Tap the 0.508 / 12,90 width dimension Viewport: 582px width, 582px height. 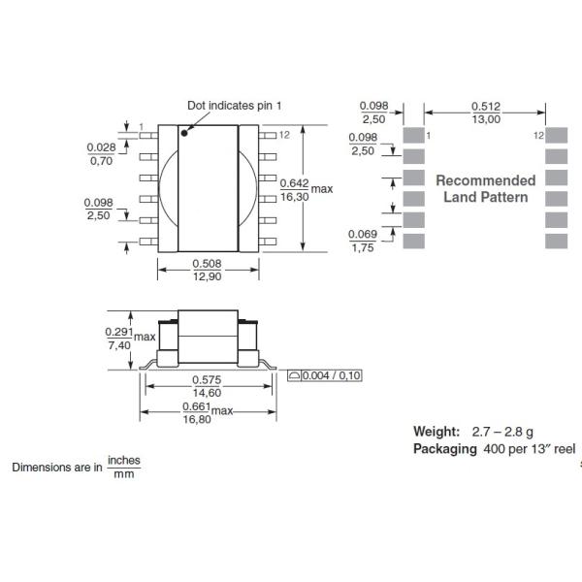point(209,271)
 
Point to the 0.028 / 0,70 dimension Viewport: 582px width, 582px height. point(100,153)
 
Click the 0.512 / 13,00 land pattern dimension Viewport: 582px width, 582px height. point(486,113)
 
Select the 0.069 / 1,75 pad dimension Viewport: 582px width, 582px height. point(362,241)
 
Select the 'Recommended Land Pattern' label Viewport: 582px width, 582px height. point(485,188)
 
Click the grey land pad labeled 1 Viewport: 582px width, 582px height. point(413,135)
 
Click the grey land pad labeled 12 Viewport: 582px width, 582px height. point(555,135)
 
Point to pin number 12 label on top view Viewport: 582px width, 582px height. point(284,135)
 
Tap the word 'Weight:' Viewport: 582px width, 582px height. point(436,431)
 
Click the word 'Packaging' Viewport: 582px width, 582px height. point(444,448)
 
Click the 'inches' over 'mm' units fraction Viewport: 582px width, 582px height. point(122,467)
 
